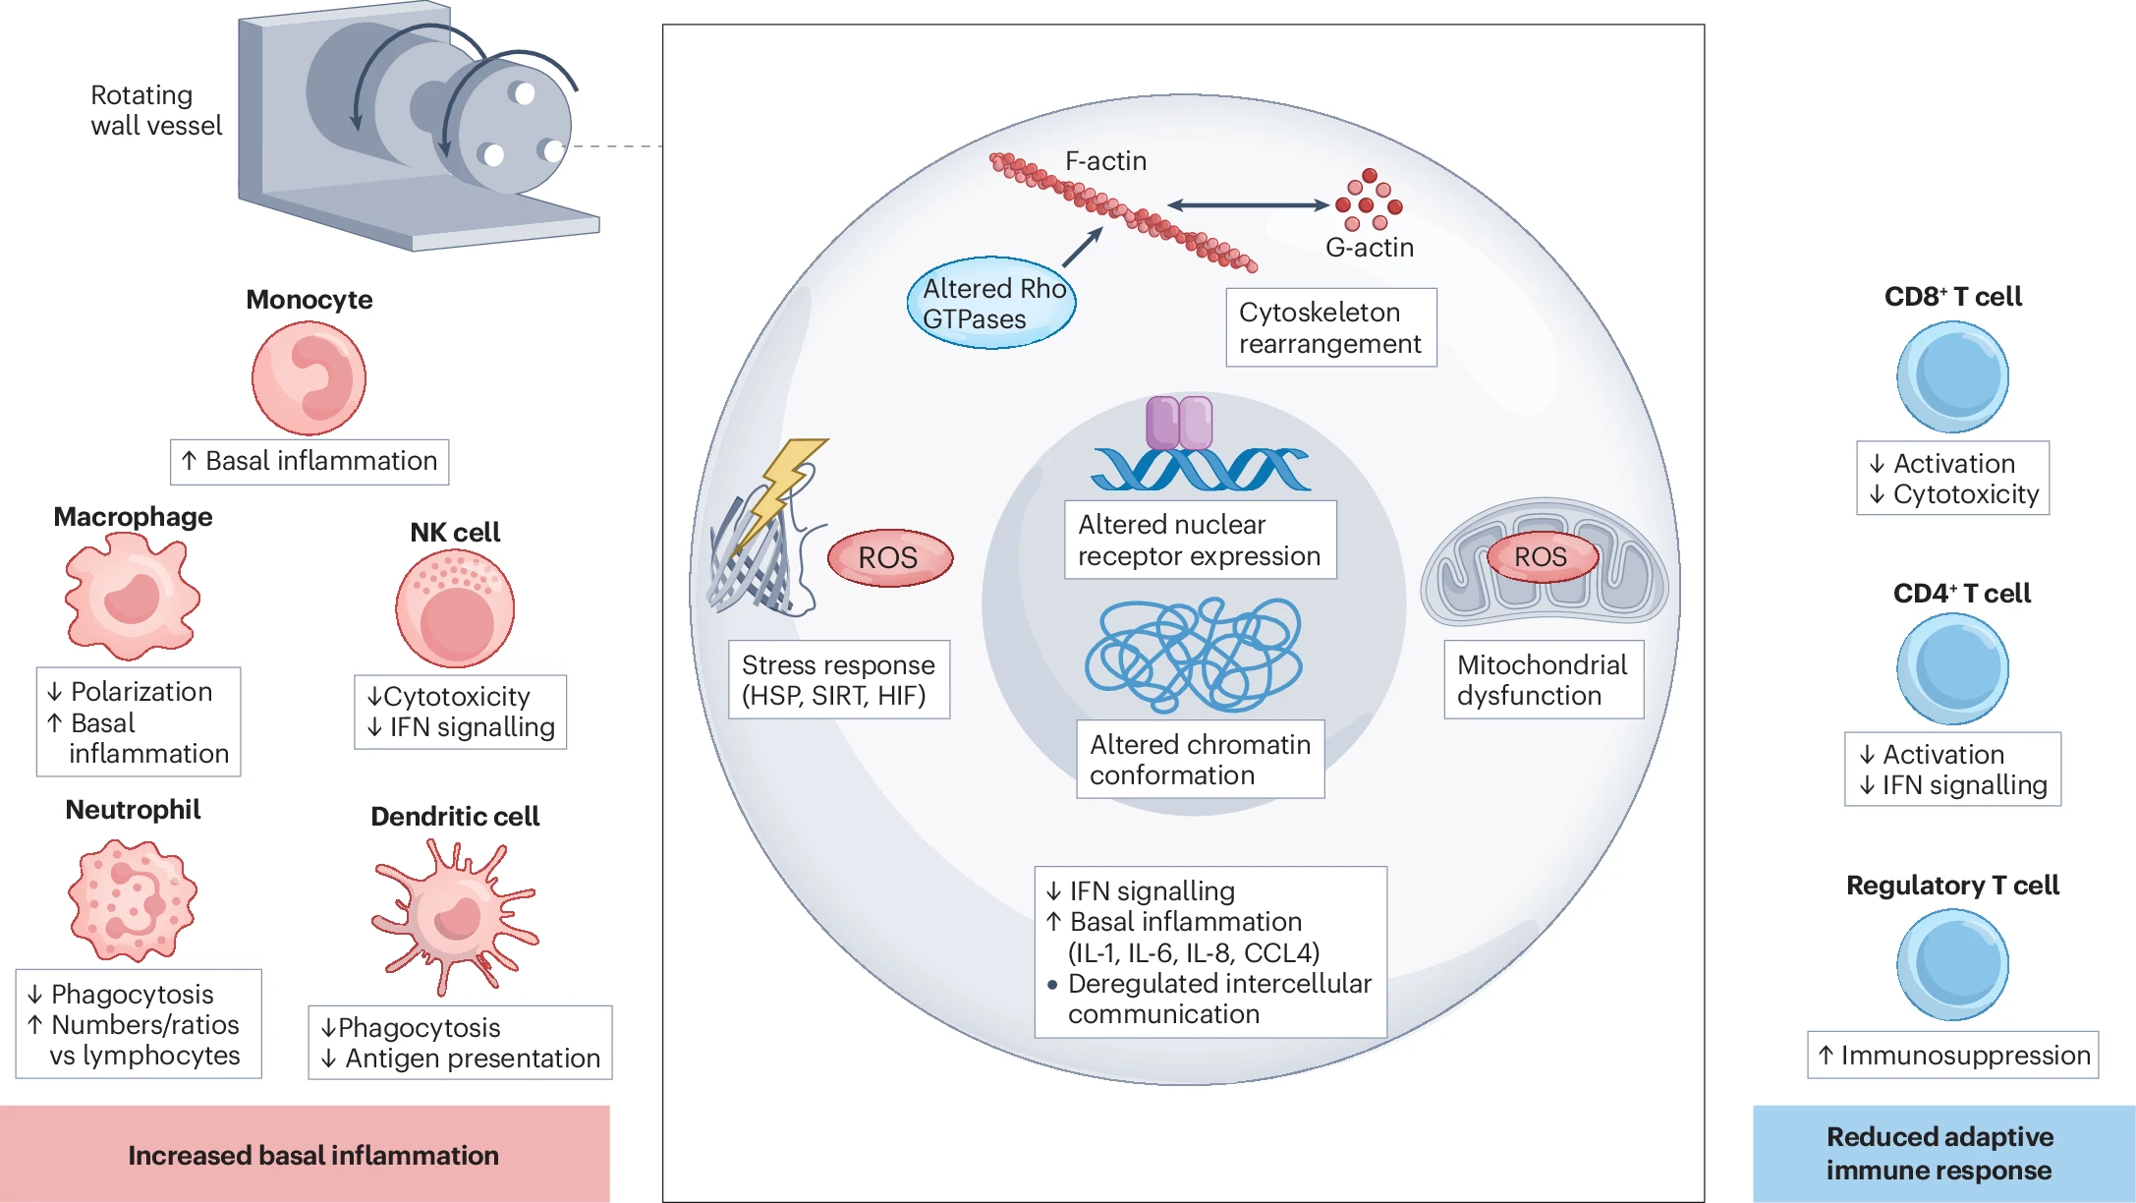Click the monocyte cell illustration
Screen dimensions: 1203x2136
[x=309, y=378]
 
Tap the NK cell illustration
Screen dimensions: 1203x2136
[x=455, y=608]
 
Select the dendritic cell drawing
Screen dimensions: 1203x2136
[x=454, y=916]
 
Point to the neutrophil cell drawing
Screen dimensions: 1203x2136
[x=133, y=900]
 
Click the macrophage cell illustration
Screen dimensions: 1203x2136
[x=133, y=597]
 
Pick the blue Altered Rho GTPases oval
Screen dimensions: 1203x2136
[x=991, y=304]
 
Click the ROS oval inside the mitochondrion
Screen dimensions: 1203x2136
[x=1541, y=556]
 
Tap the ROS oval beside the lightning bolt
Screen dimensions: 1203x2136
[x=889, y=558]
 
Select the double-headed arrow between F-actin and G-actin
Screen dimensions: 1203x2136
[x=1248, y=205]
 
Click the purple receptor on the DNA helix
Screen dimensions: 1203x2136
[x=1179, y=423]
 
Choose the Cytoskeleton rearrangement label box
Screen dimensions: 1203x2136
[x=1330, y=327]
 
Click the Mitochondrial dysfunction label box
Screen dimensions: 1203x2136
[x=1543, y=679]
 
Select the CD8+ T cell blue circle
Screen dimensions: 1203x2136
[x=1952, y=377]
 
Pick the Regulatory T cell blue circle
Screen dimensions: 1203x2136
[x=1952, y=964]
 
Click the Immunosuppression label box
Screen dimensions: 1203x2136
[x=1952, y=1055]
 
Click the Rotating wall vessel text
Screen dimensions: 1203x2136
[x=156, y=110]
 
